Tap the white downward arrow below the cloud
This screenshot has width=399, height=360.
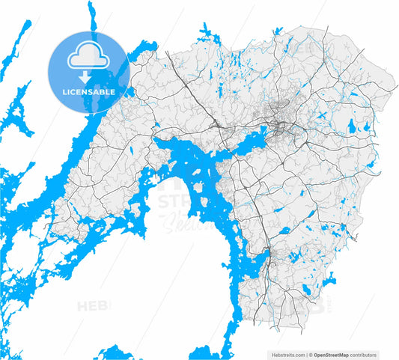coord(88,75)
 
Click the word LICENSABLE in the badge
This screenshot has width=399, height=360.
coord(88,91)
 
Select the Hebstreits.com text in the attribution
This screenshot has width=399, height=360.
coord(284,355)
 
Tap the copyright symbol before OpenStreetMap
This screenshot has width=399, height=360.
coord(311,355)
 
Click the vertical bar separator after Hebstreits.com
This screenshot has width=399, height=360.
coord(306,355)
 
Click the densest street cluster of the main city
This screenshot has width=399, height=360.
coord(283,127)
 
